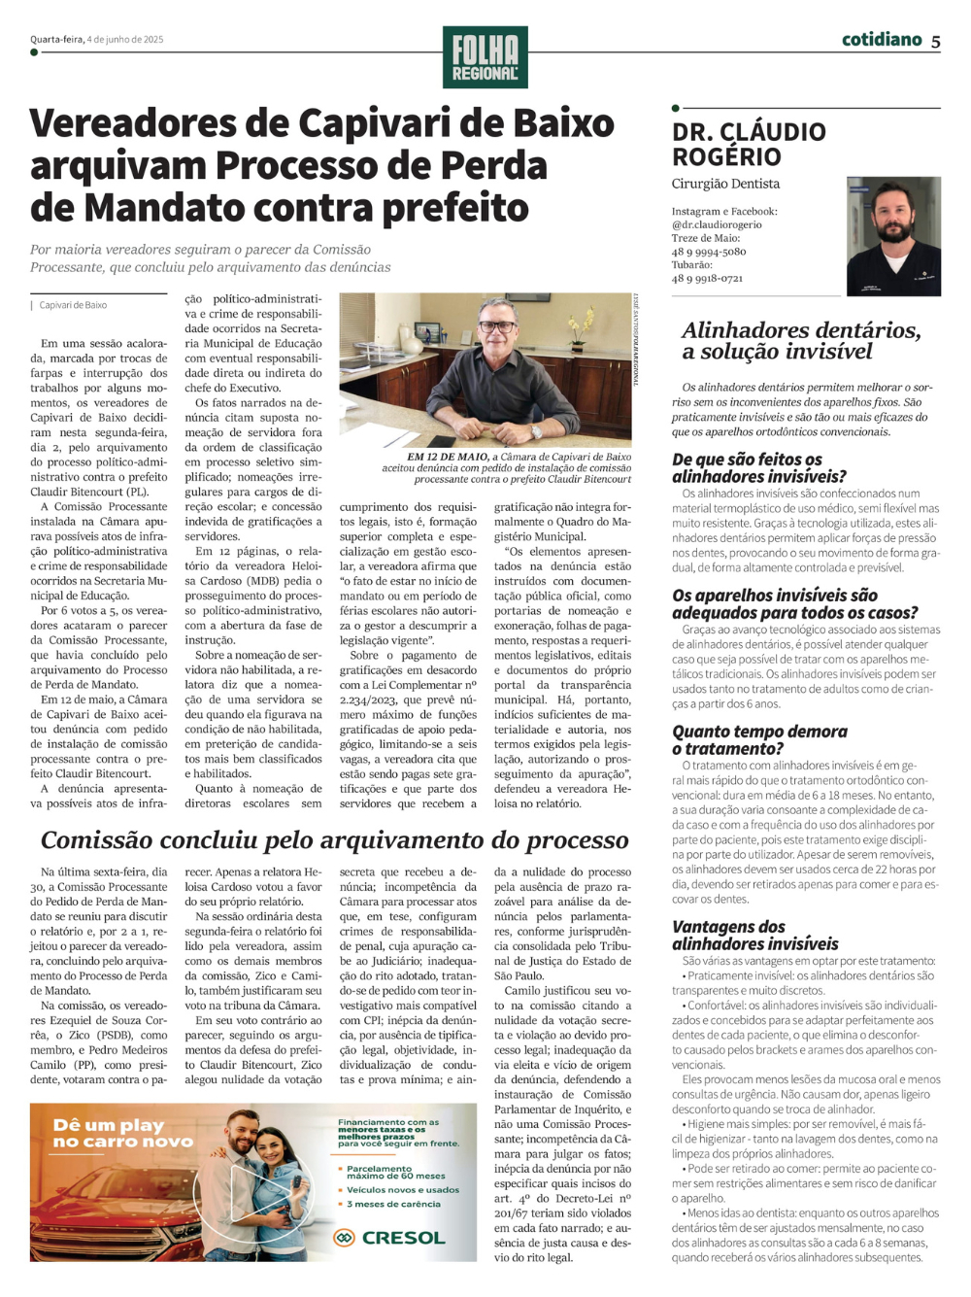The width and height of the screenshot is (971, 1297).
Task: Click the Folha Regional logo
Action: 485,57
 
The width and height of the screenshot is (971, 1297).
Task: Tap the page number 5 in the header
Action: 935,41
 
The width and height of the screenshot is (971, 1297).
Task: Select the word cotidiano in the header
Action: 882,40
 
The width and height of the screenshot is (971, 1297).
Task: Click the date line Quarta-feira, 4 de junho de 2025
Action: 97,40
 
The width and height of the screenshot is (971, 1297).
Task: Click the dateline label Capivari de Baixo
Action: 73,305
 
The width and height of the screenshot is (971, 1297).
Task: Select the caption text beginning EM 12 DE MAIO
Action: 506,467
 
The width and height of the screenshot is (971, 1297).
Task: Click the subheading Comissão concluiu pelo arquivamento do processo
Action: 334,840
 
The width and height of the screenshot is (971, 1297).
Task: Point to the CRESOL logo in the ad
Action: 389,1238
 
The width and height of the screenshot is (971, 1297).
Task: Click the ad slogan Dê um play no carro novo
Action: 122,1133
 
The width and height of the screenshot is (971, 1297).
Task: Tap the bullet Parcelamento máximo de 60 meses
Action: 395,1173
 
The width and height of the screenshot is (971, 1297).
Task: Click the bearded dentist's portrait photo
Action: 893,236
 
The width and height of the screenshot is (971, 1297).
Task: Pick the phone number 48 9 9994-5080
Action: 709,252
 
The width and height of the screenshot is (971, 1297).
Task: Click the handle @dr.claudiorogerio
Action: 717,224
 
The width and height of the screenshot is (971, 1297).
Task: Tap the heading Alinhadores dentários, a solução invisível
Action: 800,341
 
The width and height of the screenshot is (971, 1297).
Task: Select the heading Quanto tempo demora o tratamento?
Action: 759,739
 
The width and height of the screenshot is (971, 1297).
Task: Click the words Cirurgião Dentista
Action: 725,184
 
